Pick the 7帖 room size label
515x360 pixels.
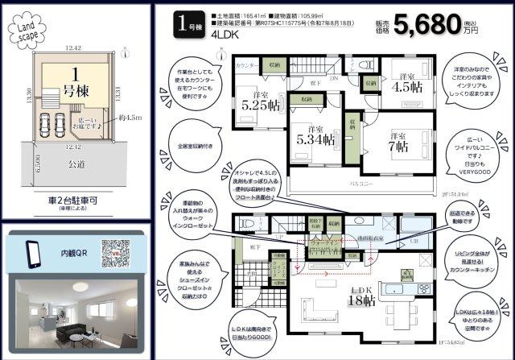[x=398, y=145]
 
